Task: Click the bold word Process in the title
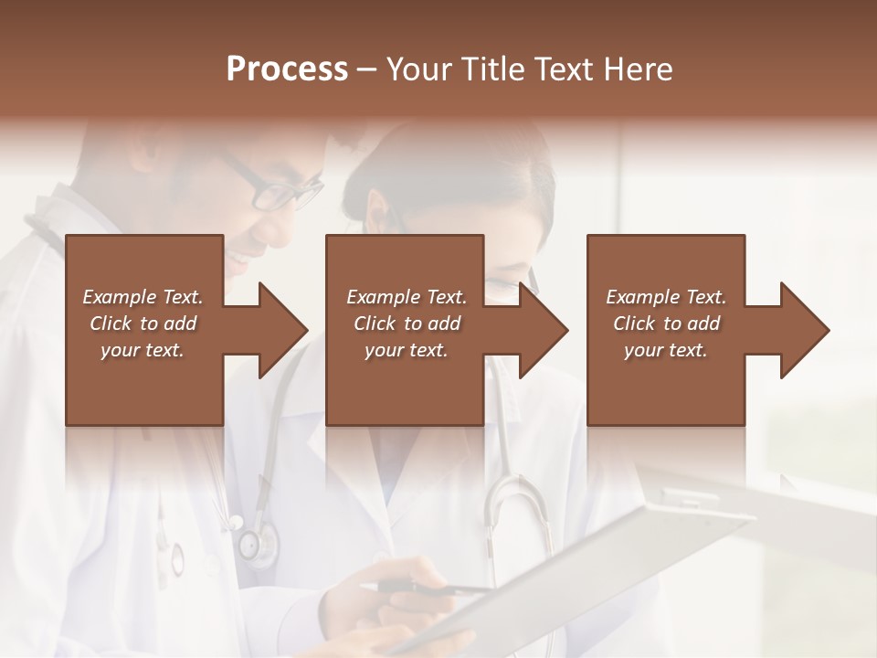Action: [287, 69]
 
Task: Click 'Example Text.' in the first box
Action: [143, 297]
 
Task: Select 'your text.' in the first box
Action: [143, 350]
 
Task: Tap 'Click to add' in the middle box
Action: [407, 324]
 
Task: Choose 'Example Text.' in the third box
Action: [666, 297]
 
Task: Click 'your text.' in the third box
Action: [666, 350]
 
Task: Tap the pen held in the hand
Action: [429, 589]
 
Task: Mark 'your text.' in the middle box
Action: [407, 350]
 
